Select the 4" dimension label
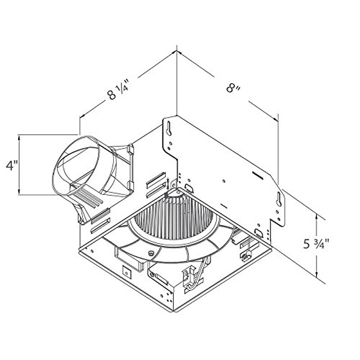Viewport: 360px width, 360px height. [x=12, y=166]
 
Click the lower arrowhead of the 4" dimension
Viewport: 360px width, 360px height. [x=19, y=191]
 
